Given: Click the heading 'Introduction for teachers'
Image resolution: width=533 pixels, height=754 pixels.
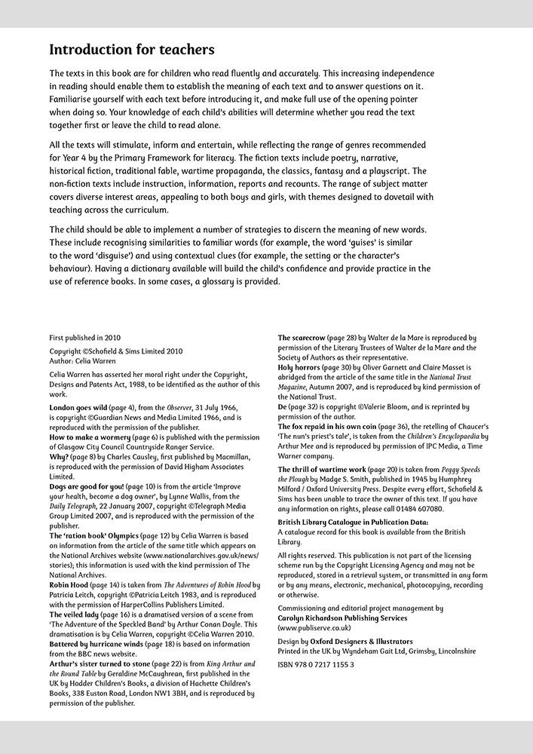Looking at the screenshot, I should [132, 51].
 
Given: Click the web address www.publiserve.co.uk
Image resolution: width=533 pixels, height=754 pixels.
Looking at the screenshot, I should [314, 627].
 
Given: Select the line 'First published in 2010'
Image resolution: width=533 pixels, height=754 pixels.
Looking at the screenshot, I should [85, 338].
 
